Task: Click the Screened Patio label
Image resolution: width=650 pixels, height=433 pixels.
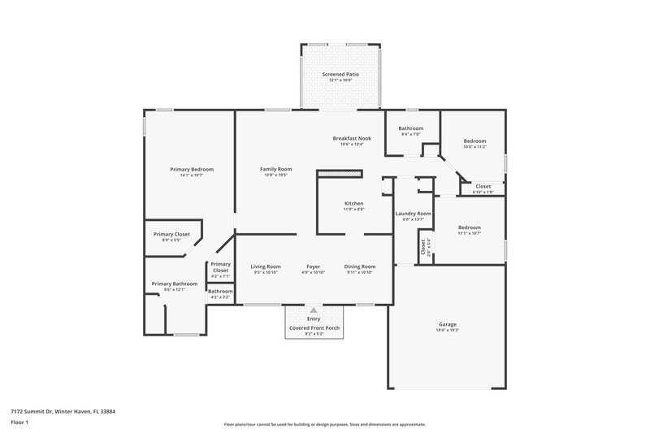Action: pos(340,74)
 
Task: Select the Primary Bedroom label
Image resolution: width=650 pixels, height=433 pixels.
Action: pos(192,169)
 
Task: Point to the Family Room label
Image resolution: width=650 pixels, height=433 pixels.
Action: pos(275,169)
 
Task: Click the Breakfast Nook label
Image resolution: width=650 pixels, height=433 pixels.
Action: pos(352,138)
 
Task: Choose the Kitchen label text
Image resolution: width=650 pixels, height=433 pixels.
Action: pos(353,203)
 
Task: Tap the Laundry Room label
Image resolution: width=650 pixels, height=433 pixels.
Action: pos(413,213)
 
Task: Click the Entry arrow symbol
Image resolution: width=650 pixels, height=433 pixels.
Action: pos(314,310)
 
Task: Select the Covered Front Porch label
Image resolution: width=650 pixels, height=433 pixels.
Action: pos(314,327)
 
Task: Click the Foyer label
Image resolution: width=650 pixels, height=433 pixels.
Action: pos(313,266)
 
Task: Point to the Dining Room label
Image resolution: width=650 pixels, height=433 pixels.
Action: pos(359,266)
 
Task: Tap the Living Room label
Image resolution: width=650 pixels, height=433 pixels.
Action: pos(266,266)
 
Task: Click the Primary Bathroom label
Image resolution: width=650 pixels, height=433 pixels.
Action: pos(174,284)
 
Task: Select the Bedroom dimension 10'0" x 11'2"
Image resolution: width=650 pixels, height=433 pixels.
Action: pos(474,147)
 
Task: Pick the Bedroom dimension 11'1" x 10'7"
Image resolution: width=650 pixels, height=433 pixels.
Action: pos(469,233)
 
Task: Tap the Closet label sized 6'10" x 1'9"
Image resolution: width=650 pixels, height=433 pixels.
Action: pos(483,186)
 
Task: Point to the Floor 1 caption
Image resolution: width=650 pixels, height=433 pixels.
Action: pos(19,423)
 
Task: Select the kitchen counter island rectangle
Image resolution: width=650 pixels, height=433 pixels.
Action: pos(338,174)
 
